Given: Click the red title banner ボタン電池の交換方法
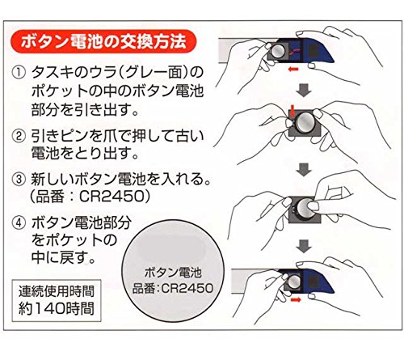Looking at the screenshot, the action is click(103, 41).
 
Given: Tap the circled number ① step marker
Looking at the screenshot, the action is click(19, 73).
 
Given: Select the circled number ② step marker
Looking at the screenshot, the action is click(19, 136).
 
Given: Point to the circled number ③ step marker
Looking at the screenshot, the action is click(19, 180).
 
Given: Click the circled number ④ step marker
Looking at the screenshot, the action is click(19, 222).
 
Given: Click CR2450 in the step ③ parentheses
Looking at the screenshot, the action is click(112, 197).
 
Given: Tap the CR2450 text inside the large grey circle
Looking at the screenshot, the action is click(187, 289).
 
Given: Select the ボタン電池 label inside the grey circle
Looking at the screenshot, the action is click(173, 273).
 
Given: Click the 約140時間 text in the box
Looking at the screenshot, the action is click(57, 308).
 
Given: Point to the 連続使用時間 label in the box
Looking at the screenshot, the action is click(57, 291).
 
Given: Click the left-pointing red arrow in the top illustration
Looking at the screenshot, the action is click(293, 70).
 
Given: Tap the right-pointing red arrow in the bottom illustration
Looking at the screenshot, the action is click(296, 299).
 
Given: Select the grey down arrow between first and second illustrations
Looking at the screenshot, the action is click(304, 90).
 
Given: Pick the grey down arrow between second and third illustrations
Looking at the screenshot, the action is click(304, 170).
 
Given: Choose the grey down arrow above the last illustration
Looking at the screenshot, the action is click(304, 246).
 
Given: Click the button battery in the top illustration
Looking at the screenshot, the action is click(278, 51).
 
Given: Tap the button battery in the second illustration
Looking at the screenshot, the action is click(305, 123).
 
